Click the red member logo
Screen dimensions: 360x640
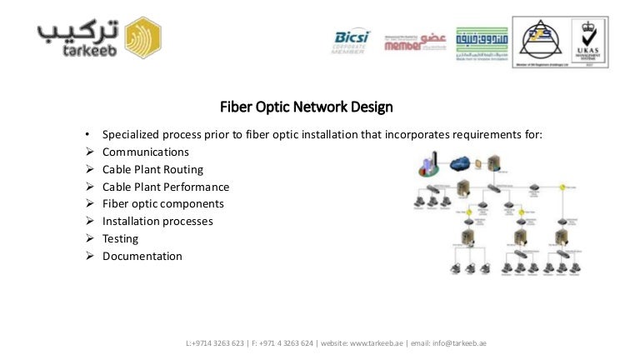tap(415, 42)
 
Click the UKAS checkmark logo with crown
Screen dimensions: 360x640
tap(587, 42)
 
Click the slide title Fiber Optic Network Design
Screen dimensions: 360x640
tap(306, 107)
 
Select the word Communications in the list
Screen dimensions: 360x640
tap(145, 152)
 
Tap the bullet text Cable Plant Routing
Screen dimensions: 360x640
tap(152, 169)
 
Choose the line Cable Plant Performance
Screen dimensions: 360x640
tap(165, 187)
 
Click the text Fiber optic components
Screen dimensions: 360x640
tap(162, 203)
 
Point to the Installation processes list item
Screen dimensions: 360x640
tap(157, 221)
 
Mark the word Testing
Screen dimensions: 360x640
tap(120, 238)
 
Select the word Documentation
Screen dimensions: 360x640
tap(142, 256)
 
